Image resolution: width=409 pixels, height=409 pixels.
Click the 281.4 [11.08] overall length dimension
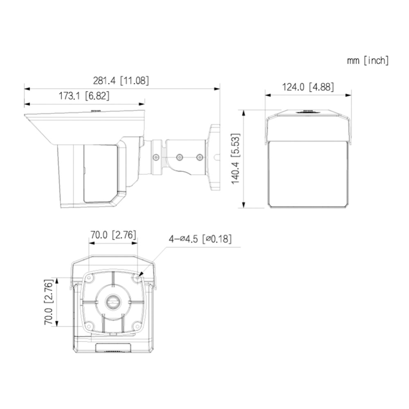pyautogui.click(x=121, y=81)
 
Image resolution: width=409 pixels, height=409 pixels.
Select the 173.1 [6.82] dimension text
pyautogui.click(x=84, y=96)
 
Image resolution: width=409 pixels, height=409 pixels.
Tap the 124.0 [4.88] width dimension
pyautogui.click(x=308, y=87)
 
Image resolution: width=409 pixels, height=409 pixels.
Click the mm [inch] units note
pyautogui.click(x=368, y=61)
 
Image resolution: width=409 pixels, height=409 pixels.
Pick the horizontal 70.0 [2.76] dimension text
pyautogui.click(x=113, y=235)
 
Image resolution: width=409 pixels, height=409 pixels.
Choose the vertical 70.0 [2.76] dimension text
pyautogui.click(x=49, y=302)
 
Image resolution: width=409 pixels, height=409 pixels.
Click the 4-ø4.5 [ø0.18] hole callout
pyautogui.click(x=200, y=239)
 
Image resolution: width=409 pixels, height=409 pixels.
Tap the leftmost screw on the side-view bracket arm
pyautogui.click(x=156, y=157)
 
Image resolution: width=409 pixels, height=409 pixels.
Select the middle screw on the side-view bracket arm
pyautogui.click(x=180, y=157)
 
